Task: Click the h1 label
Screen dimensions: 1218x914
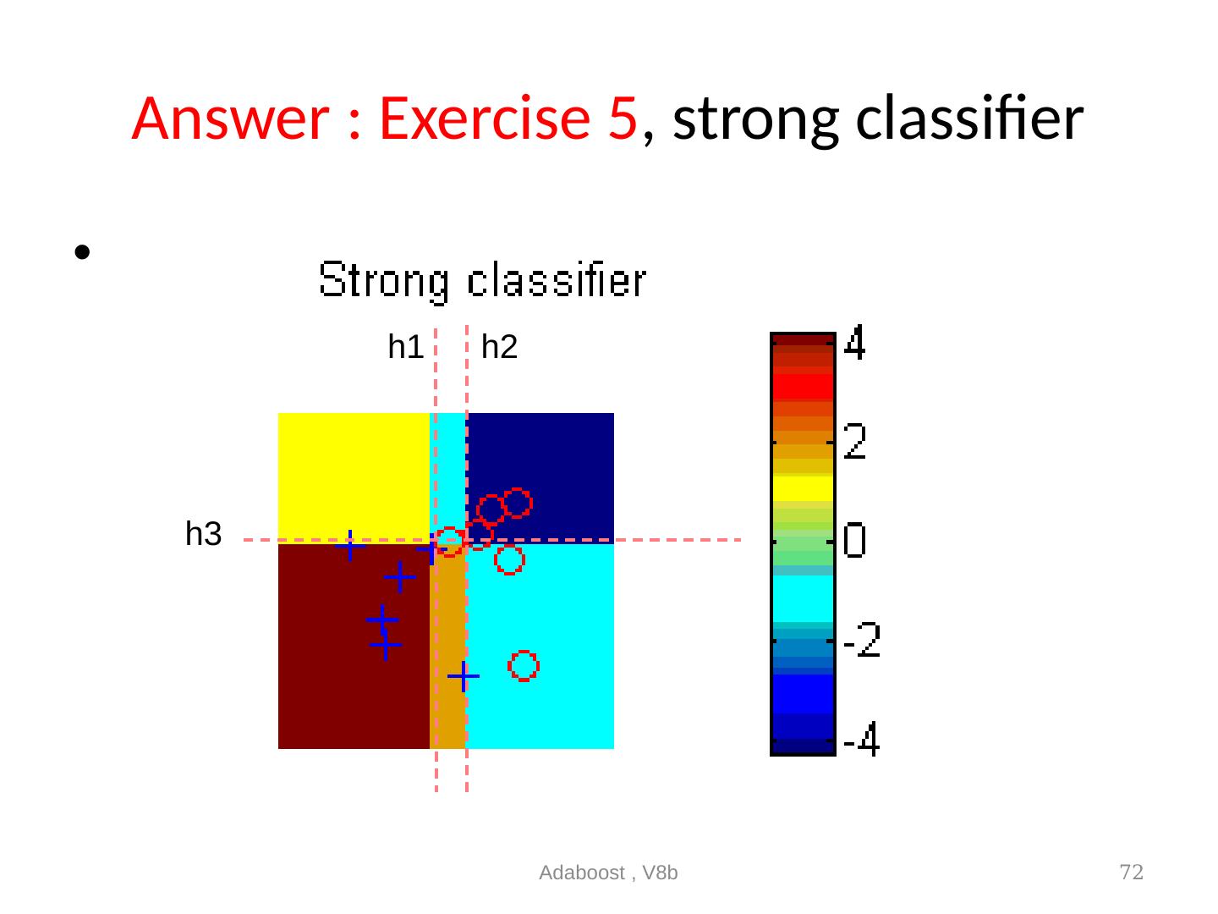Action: pyautogui.click(x=405, y=347)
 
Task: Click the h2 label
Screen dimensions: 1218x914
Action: pyautogui.click(x=499, y=347)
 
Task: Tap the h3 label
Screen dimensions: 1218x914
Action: pyautogui.click(x=203, y=533)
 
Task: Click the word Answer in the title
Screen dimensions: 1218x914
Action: pyautogui.click(x=230, y=118)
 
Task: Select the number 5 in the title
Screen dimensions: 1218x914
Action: pyautogui.click(x=623, y=118)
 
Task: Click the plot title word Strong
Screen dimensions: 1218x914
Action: pyautogui.click(x=383, y=281)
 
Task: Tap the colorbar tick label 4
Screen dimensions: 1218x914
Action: pyautogui.click(x=854, y=343)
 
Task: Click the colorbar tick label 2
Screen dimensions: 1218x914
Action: pyautogui.click(x=854, y=441)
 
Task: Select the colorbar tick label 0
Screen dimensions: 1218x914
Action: pyautogui.click(x=854, y=539)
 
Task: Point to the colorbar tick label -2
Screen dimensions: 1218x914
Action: pyautogui.click(x=862, y=639)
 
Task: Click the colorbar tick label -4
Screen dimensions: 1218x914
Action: pyautogui.click(x=862, y=739)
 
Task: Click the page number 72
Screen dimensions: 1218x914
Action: pyautogui.click(x=1132, y=872)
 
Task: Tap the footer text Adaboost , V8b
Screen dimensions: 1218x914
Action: pyautogui.click(x=608, y=873)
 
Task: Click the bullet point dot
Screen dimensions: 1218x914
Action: pyautogui.click(x=82, y=252)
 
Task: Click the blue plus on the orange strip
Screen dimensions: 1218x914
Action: pyautogui.click(x=464, y=676)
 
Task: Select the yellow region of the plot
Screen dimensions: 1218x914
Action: pyautogui.click(x=354, y=475)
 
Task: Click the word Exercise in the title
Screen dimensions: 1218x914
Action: pyautogui.click(x=485, y=118)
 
